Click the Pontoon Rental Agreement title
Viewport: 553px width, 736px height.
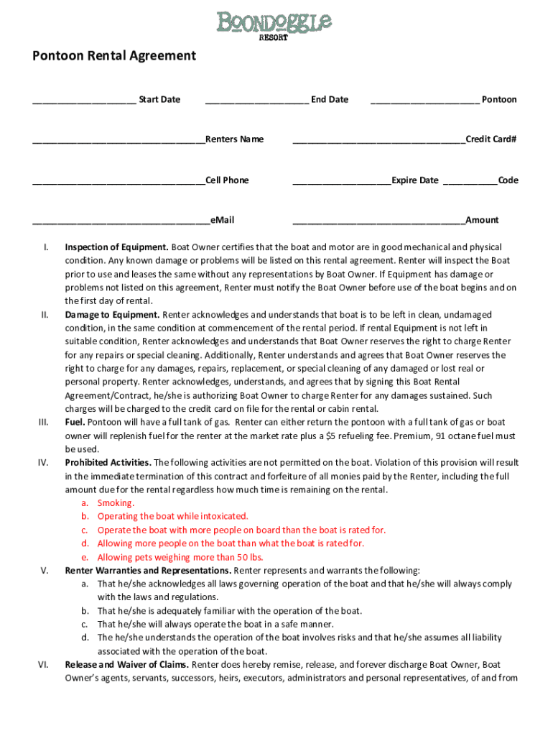[x=113, y=55]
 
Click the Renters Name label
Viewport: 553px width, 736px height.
[x=234, y=139]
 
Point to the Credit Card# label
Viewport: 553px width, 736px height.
[x=491, y=139]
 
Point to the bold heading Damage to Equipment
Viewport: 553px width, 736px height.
[x=112, y=315]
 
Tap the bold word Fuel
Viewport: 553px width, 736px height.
[x=75, y=423]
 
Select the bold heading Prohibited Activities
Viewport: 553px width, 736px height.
[x=108, y=463]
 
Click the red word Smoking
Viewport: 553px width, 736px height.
[x=116, y=503]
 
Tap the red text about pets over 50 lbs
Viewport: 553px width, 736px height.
[x=180, y=557]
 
